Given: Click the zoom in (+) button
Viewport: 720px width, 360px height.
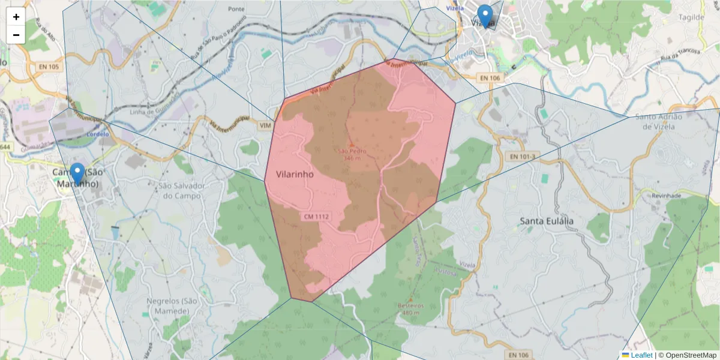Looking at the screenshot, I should [x=16, y=17].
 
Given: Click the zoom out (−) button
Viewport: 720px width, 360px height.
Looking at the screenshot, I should [x=16, y=35].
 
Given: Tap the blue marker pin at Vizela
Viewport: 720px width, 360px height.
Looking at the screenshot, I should [x=484, y=16].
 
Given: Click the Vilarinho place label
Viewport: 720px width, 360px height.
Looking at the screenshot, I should [x=295, y=174].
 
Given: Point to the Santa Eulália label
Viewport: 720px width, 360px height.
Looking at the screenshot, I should [x=546, y=221].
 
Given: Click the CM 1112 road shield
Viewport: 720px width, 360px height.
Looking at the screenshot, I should [x=316, y=216].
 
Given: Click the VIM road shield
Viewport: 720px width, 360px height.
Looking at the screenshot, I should [x=265, y=125].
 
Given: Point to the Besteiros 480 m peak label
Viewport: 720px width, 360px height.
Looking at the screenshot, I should [x=410, y=308].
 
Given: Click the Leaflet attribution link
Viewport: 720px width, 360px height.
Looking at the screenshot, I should [x=641, y=355].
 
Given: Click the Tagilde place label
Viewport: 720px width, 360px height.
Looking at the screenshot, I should [x=692, y=17].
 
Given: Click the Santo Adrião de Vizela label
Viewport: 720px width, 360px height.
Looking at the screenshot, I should [x=659, y=122].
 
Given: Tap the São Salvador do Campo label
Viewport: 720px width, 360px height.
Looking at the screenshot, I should [x=182, y=191].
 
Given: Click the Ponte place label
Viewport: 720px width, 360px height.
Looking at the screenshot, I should [x=236, y=9].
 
